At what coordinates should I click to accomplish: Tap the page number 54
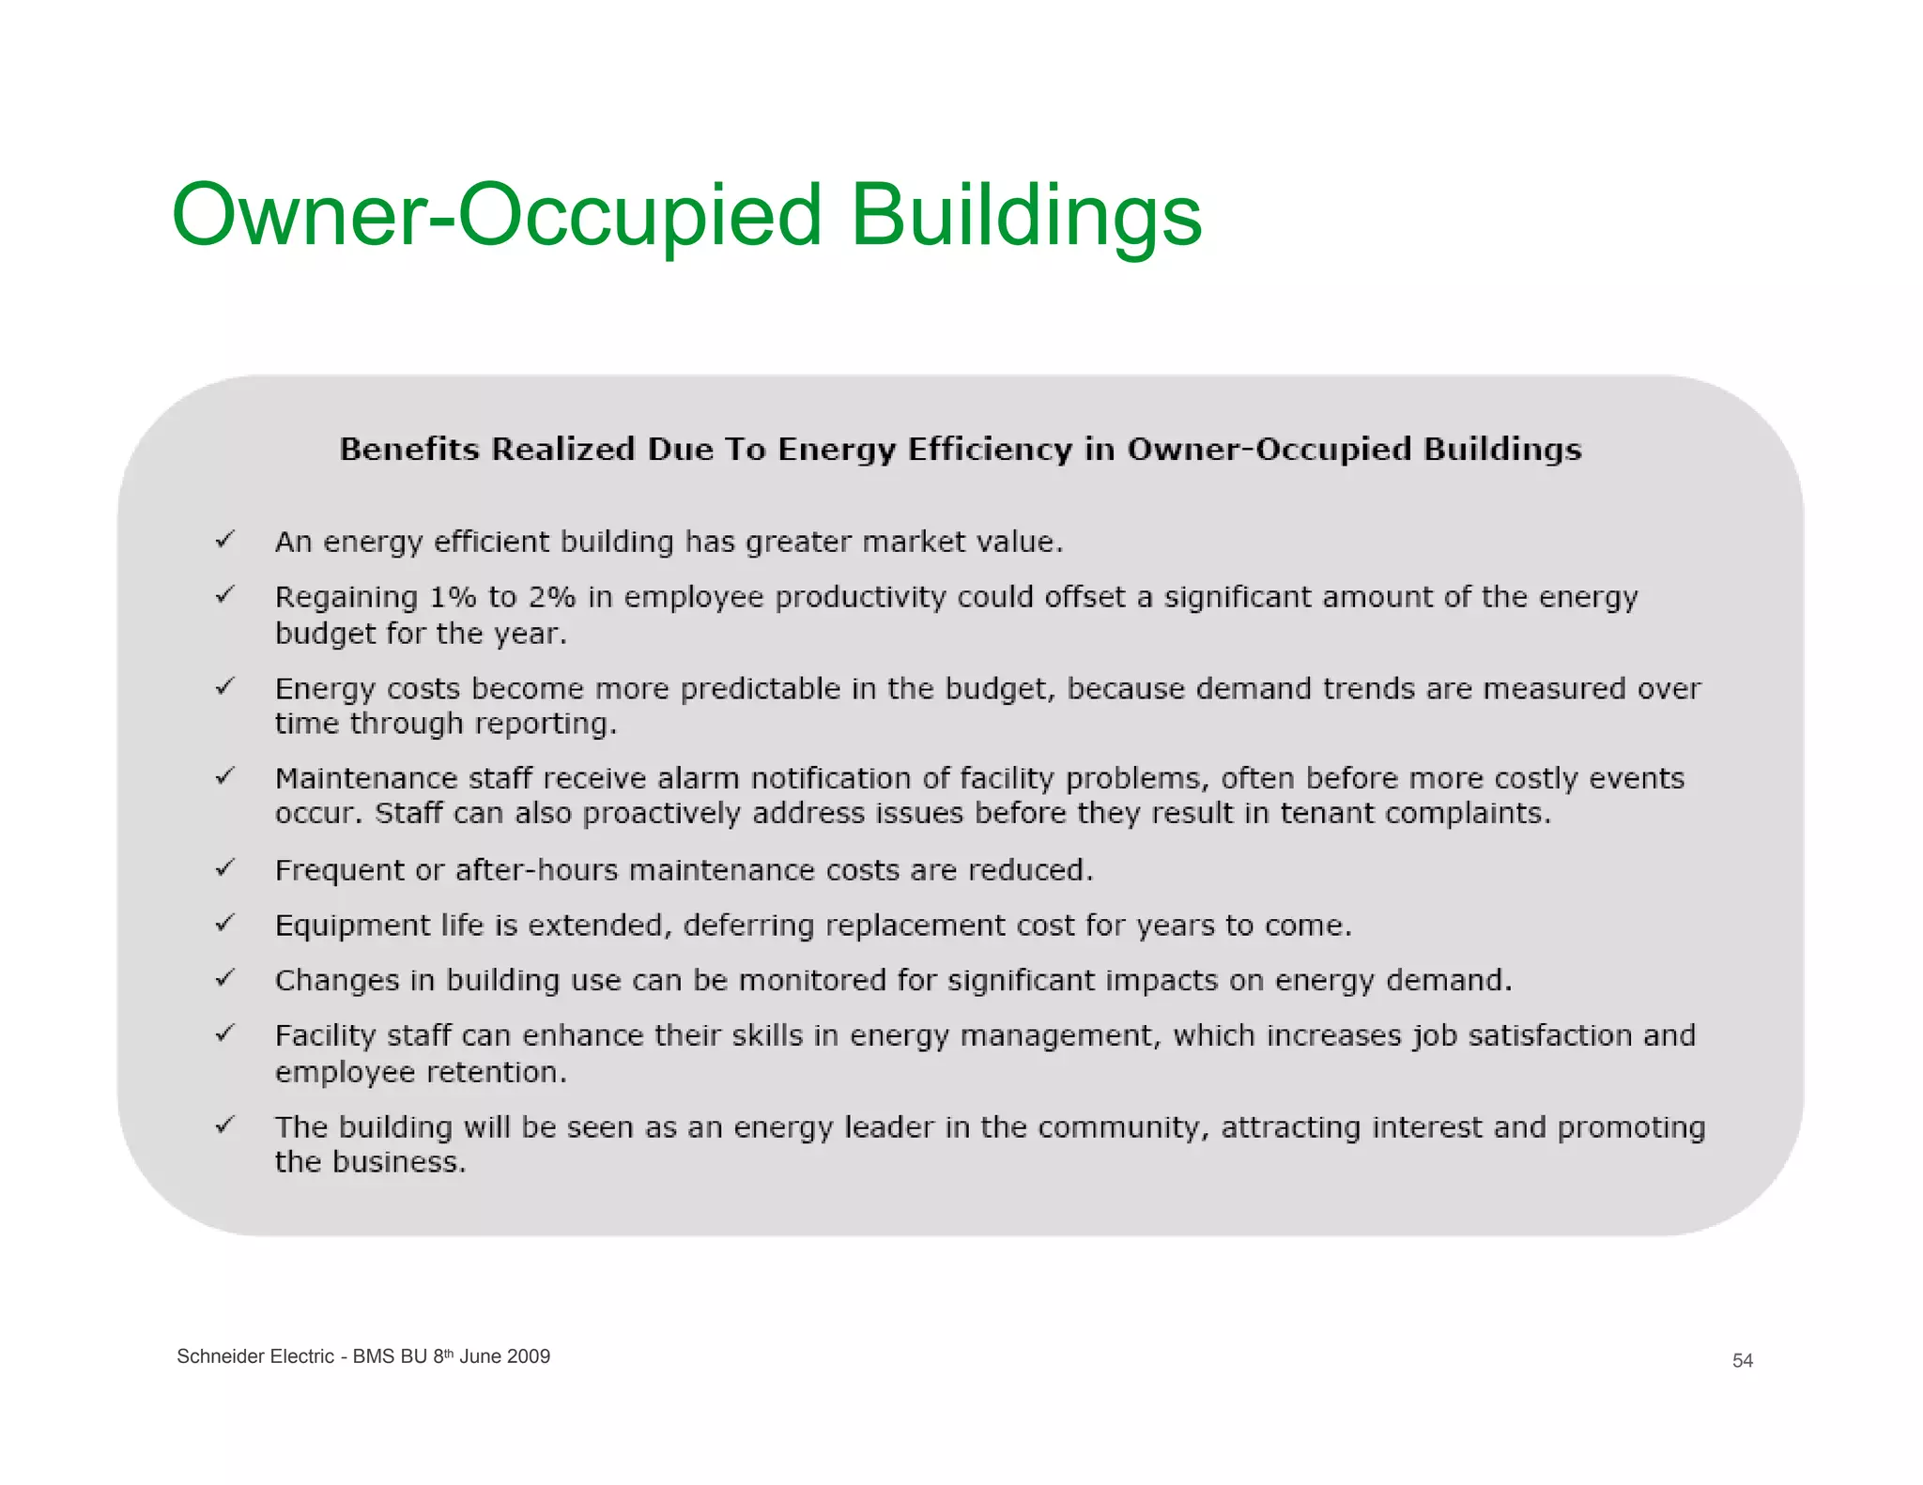pyautogui.click(x=1742, y=1361)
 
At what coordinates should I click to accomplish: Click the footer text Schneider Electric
pyautogui.click(x=254, y=1356)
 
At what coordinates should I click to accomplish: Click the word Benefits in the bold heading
pyautogui.click(x=409, y=450)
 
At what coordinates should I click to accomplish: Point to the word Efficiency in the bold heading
pyautogui.click(x=989, y=450)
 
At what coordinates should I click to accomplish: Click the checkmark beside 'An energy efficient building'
pyautogui.click(x=224, y=540)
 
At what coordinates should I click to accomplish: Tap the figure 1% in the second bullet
pyautogui.click(x=453, y=597)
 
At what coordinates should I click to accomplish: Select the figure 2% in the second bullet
pyautogui.click(x=551, y=597)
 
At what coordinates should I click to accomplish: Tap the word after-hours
pyautogui.click(x=536, y=871)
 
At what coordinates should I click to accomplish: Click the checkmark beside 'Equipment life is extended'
pyautogui.click(x=224, y=924)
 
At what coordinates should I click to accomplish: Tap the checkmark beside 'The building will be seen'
pyautogui.click(x=224, y=1125)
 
